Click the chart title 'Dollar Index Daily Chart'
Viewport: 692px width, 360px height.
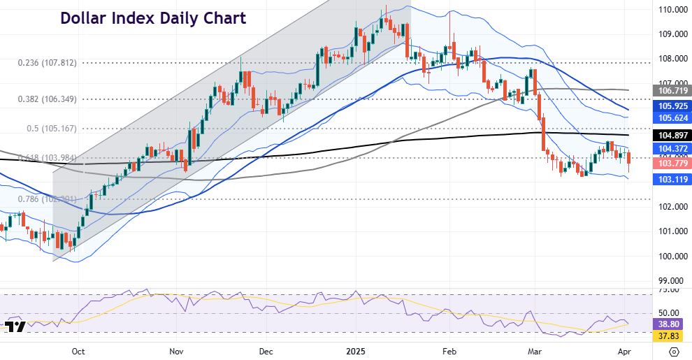pyautogui.click(x=153, y=19)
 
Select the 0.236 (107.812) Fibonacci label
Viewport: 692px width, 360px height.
pyautogui.click(x=47, y=63)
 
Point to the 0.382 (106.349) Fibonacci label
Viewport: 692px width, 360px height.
pyautogui.click(x=47, y=99)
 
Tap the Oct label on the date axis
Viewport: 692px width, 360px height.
pyautogui.click(x=78, y=351)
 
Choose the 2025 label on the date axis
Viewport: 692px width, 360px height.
pyautogui.click(x=357, y=351)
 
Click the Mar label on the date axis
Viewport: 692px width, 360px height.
pyautogui.click(x=536, y=351)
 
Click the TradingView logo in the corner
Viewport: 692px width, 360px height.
pyautogui.click(x=15, y=327)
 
